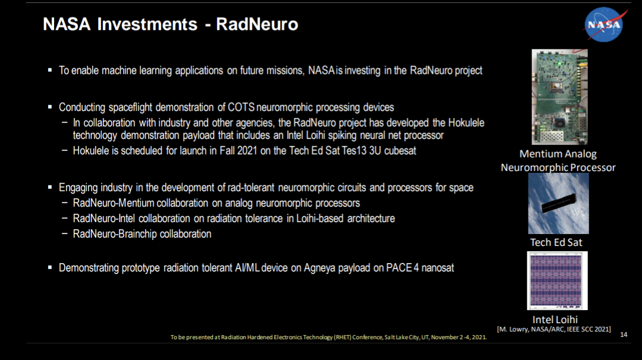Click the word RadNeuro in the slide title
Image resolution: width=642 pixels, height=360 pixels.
(257, 24)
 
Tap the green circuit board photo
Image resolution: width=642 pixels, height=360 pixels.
(559, 97)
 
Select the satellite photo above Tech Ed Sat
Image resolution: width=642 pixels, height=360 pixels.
(558, 203)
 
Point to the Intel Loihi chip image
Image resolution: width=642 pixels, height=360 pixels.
(557, 280)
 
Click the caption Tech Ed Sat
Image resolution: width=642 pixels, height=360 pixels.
(556, 242)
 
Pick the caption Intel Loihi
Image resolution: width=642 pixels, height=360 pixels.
(555, 320)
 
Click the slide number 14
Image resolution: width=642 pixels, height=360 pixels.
(624, 334)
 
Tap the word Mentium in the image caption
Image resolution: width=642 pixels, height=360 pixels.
(537, 154)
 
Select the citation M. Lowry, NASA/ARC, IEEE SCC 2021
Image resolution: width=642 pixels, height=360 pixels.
(554, 329)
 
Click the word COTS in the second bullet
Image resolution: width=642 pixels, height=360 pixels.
(241, 107)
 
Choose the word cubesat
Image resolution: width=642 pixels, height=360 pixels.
(400, 150)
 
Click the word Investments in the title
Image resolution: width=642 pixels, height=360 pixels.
(147, 24)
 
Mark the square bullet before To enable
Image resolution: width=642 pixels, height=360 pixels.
(50, 70)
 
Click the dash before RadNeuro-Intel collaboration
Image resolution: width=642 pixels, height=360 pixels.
(65, 218)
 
